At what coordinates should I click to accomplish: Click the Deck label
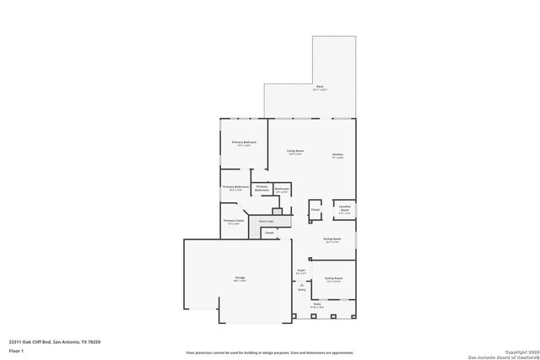coord(320,88)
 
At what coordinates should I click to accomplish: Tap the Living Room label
coord(294,152)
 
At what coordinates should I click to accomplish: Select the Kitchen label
coord(337,155)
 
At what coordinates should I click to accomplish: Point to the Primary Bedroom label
coord(244,143)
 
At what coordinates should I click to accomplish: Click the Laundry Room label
coord(344,207)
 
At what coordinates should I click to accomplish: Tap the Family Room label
coord(333,279)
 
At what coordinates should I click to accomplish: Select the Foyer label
coord(301,271)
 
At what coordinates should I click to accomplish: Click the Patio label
coord(317,304)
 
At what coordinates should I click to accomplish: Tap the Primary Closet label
coord(233,222)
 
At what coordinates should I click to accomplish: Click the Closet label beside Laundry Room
coord(315,210)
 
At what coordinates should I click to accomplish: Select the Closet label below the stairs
coord(269,233)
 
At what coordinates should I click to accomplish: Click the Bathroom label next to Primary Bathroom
coord(282,190)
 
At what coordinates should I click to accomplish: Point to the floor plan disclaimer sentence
coord(270,352)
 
